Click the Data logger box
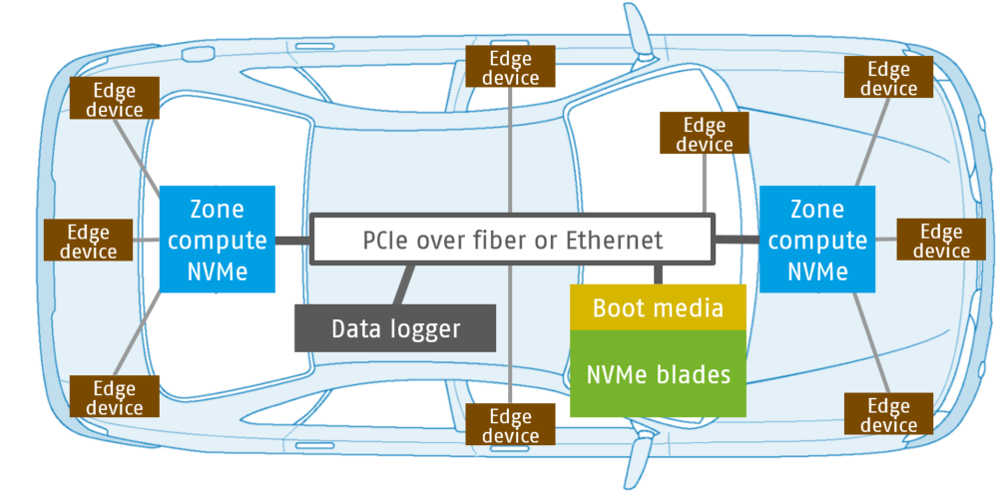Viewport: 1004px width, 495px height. (x=395, y=328)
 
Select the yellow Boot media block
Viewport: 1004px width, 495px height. (x=658, y=307)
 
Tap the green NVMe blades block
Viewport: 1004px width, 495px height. (x=658, y=374)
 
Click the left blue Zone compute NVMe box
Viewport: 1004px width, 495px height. (x=218, y=240)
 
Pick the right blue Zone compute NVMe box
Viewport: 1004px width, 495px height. (x=816, y=240)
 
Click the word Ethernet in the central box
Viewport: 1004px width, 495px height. (x=614, y=241)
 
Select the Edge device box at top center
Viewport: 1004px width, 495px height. (x=510, y=68)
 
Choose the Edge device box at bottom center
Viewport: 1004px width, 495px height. (x=510, y=426)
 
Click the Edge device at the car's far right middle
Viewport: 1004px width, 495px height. (x=940, y=241)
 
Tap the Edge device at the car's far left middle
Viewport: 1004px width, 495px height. (x=88, y=241)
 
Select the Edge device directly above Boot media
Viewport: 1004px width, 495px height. (x=704, y=134)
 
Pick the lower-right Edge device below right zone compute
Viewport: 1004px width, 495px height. (x=888, y=414)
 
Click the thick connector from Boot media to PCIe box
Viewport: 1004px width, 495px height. (x=658, y=274)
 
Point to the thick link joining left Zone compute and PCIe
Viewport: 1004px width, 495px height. (x=292, y=241)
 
